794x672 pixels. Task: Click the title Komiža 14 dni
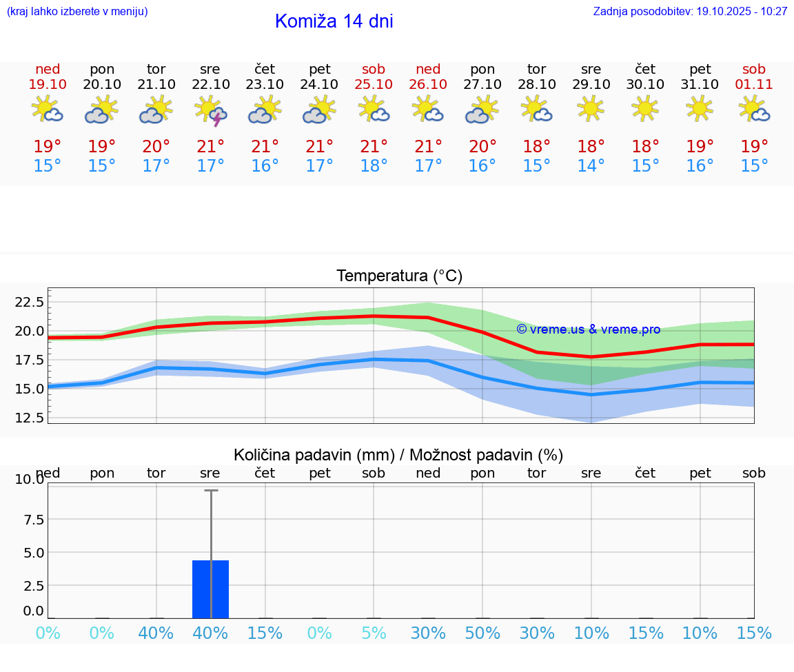(x=334, y=21)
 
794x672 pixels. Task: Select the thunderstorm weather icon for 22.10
(x=211, y=110)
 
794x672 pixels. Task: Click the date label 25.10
(x=374, y=84)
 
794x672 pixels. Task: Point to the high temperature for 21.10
(x=156, y=147)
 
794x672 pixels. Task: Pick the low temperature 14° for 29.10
(x=591, y=166)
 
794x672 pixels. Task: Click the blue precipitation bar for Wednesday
(x=210, y=589)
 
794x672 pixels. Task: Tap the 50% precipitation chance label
(x=482, y=633)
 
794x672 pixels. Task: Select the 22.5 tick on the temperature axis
(x=30, y=302)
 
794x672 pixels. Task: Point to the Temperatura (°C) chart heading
(x=399, y=276)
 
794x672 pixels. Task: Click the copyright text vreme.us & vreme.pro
(x=589, y=329)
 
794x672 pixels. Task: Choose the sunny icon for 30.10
(x=645, y=108)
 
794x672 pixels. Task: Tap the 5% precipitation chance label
(x=374, y=633)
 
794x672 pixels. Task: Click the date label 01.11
(x=754, y=84)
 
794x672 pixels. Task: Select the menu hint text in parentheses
(x=77, y=12)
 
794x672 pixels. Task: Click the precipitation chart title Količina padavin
(x=398, y=455)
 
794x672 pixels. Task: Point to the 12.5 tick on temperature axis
(x=30, y=418)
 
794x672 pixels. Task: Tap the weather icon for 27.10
(x=482, y=110)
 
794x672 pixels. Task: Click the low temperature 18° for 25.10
(x=374, y=166)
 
